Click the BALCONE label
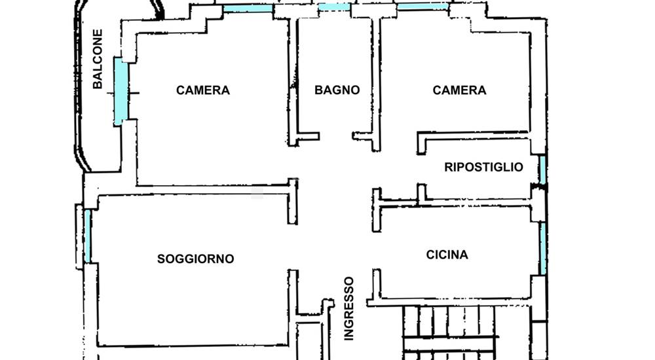coord(98,59)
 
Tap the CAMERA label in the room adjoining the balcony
coord(203,90)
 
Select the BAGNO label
coord(337,90)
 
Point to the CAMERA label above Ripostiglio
coord(459,90)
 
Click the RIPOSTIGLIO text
coord(483,167)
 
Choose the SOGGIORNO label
coord(195,259)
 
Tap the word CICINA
coord(447,255)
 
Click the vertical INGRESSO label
coord(349,308)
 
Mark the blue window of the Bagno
coord(334,7)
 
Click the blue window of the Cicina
coord(543,248)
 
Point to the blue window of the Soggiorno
coord(87,236)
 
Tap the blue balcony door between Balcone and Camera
coord(119,92)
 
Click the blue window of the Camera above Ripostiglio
coord(422,7)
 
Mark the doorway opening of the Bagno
coord(336,137)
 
